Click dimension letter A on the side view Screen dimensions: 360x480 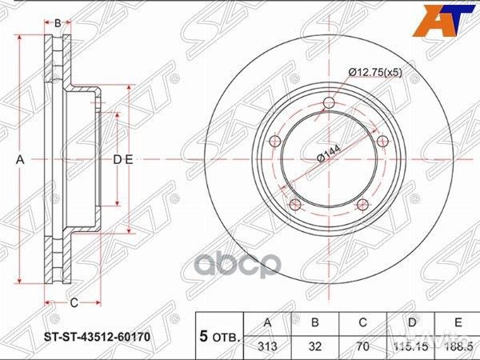[22, 161]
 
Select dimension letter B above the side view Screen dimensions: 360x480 [58, 23]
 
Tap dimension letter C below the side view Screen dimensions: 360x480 [73, 302]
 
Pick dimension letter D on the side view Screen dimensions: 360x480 [117, 161]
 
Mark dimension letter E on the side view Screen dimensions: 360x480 [128, 161]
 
